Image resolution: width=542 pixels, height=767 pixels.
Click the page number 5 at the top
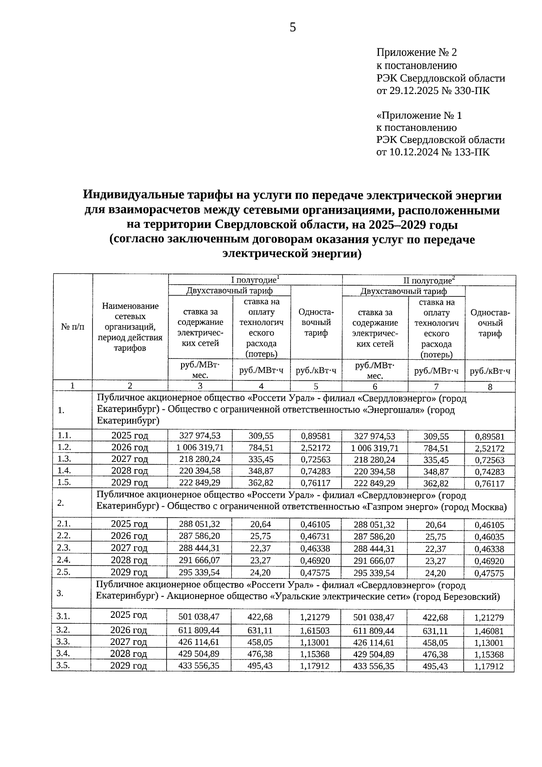tap(293, 28)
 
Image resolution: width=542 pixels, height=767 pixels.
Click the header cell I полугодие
tap(255, 280)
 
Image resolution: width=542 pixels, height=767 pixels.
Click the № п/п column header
tap(72, 326)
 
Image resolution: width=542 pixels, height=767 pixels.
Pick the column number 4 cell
tap(261, 386)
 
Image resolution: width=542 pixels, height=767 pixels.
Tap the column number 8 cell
tap(490, 386)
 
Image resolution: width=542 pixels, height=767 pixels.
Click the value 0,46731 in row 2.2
tap(316, 536)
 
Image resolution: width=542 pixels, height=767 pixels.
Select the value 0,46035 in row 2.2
tap(489, 537)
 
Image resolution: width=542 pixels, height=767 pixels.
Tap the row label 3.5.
tap(64, 665)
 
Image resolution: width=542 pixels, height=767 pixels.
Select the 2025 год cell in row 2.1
tap(129, 524)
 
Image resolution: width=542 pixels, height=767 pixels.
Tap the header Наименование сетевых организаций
tap(130, 326)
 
